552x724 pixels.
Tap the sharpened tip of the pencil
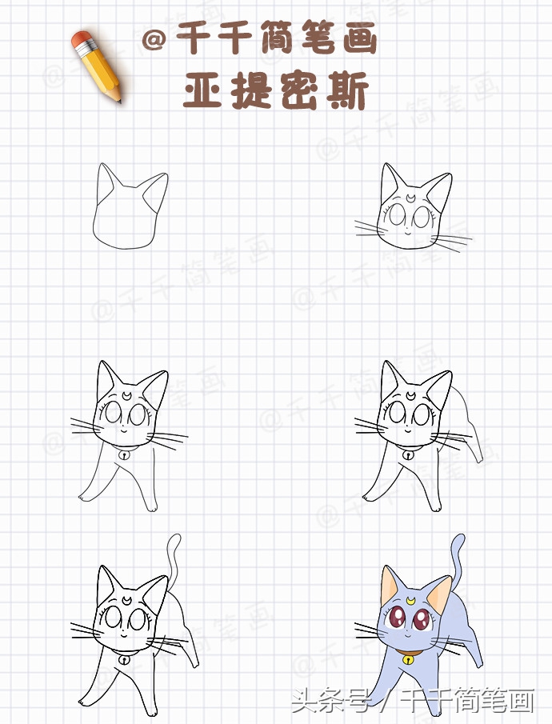[x=119, y=101]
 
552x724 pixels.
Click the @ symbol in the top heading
[x=155, y=40]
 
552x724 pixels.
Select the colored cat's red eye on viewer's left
[x=398, y=618]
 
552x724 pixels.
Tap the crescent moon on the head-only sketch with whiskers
[x=410, y=194]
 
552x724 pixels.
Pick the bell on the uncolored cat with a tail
[x=125, y=661]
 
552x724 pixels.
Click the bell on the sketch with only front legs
[x=125, y=454]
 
